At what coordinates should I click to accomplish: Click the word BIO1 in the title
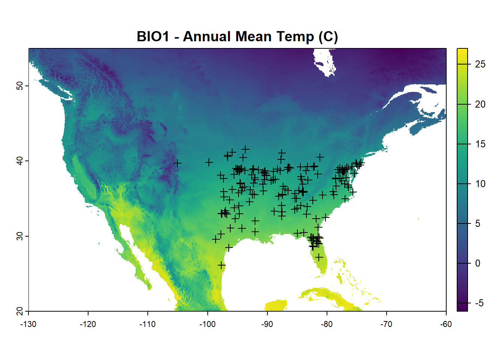tap(153, 37)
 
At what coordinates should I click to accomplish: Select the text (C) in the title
tap(328, 37)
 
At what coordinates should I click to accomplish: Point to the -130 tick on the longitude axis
tap(28, 324)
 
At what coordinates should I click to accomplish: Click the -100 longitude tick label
tap(207, 324)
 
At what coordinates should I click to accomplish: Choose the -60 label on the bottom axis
tap(446, 324)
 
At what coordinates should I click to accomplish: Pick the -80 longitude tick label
tap(327, 324)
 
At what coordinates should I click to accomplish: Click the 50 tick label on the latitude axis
tap(19, 86)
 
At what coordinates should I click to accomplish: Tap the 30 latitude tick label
tap(19, 236)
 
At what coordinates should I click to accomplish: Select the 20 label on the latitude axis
tap(19, 311)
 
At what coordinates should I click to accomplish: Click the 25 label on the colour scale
tap(480, 64)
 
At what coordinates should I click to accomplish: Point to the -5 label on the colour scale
tap(479, 303)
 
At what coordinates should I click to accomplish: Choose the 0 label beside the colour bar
tap(477, 263)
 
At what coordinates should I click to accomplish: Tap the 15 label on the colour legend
tap(480, 144)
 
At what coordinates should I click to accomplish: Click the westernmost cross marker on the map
tap(178, 163)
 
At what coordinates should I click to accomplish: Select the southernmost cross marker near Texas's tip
tap(222, 265)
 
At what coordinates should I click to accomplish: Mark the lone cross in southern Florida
tap(319, 257)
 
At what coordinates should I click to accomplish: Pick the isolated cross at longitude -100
tap(209, 162)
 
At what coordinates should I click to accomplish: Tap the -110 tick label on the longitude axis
tap(147, 324)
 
